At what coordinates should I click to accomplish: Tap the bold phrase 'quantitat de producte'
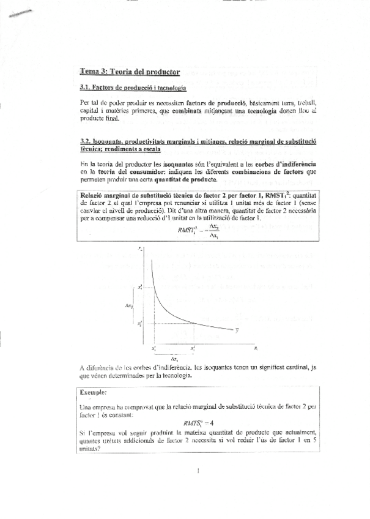point(185,180)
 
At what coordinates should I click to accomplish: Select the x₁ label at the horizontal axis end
point(256,347)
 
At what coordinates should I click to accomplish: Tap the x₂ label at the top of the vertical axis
point(140,248)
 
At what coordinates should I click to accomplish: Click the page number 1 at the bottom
point(199,471)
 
